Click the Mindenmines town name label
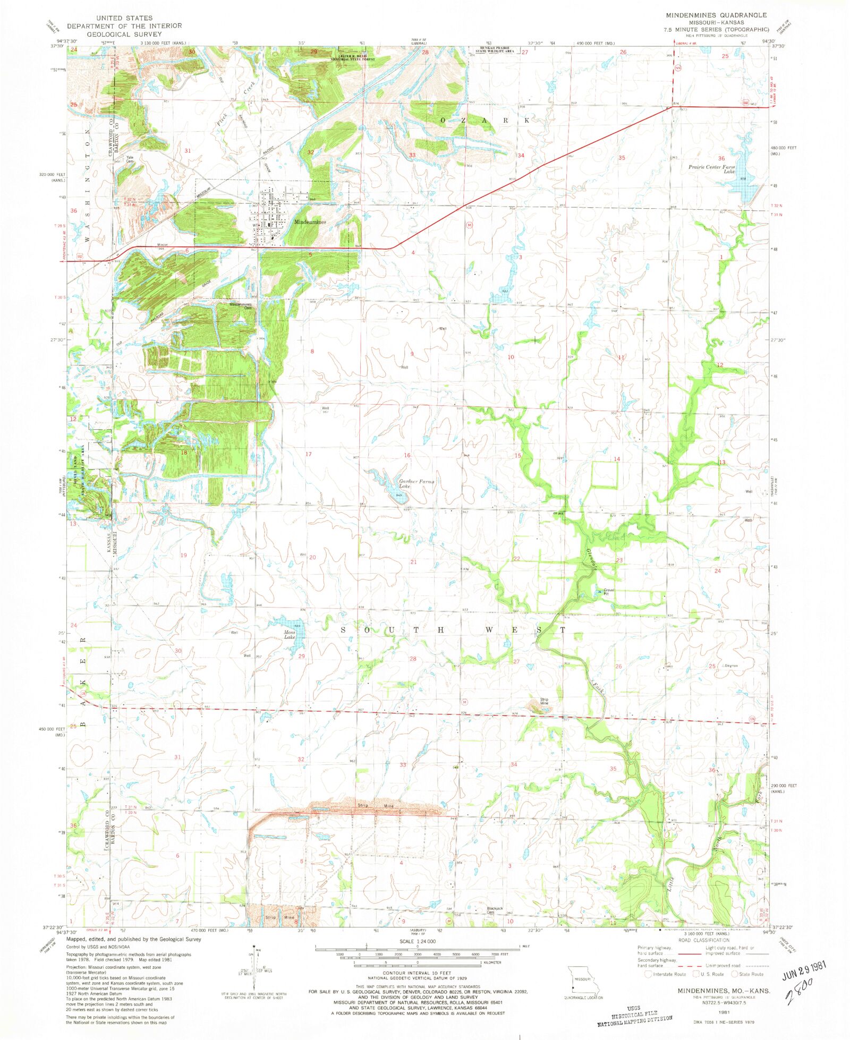pyautogui.click(x=310, y=222)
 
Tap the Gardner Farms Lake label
pyautogui.click(x=416, y=484)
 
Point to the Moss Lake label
pyautogui.click(x=290, y=634)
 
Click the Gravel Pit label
pyautogui.click(x=608, y=592)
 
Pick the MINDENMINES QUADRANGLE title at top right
pyautogui.click(x=716, y=15)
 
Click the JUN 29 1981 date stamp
pyautogui.click(x=804, y=971)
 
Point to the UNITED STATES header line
pyautogui.click(x=124, y=18)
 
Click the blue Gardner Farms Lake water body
pyautogui.click(x=393, y=491)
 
